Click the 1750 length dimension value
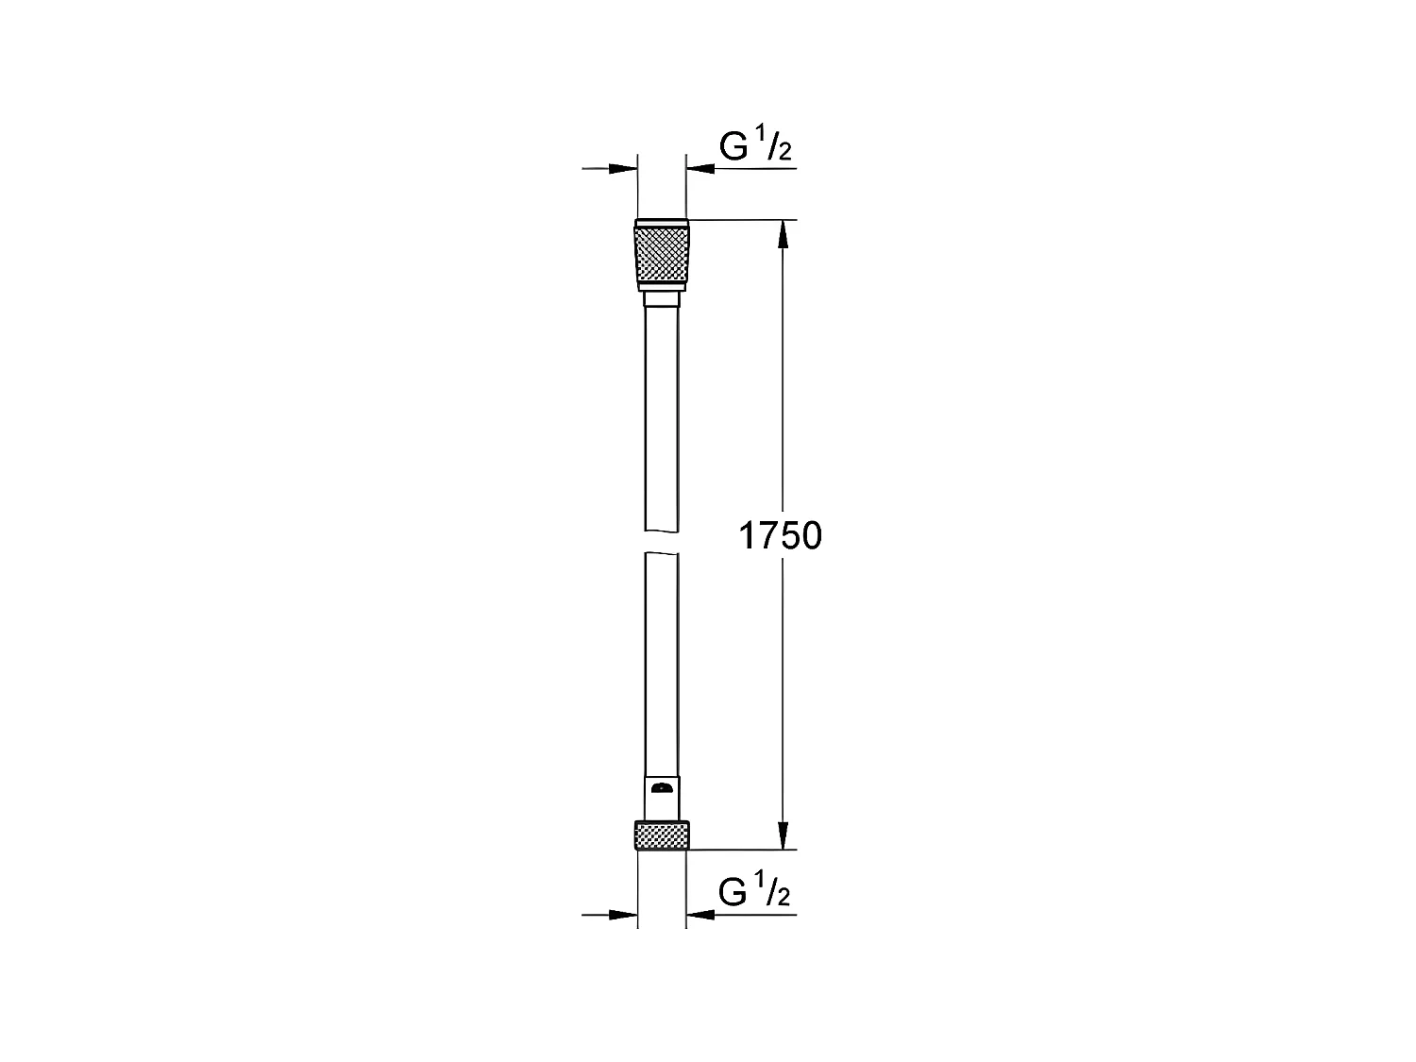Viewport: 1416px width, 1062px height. click(x=779, y=536)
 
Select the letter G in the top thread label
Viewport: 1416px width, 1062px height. click(x=734, y=147)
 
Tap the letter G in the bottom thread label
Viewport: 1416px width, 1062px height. click(x=734, y=892)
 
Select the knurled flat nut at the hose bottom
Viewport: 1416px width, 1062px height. click(x=662, y=834)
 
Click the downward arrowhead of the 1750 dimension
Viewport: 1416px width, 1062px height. click(x=782, y=834)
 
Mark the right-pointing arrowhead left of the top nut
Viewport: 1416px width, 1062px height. click(x=624, y=169)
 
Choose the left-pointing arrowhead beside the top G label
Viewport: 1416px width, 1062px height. click(x=700, y=169)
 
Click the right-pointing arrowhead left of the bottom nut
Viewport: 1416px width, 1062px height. click(x=624, y=915)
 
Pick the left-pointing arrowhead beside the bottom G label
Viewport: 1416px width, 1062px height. click(x=700, y=915)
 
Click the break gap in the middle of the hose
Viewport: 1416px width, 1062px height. click(x=662, y=541)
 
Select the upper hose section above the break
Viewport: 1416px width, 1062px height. click(x=662, y=415)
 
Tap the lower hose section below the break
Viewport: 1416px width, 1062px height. click(x=662, y=661)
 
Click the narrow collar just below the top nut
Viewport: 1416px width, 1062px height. click(x=662, y=298)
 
